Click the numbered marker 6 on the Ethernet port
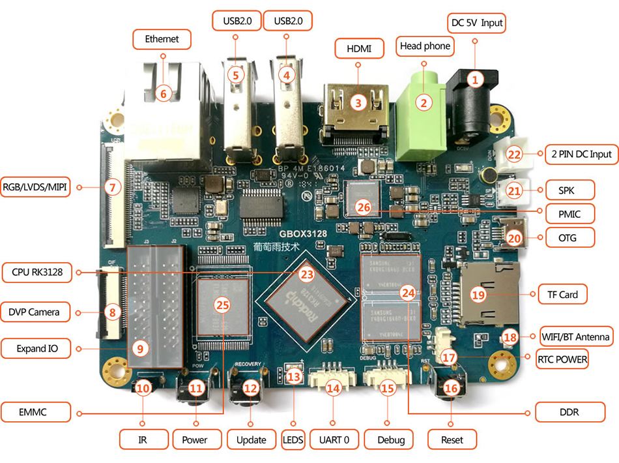click(164, 94)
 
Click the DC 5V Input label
click(477, 23)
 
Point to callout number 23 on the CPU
click(307, 275)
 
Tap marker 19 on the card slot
click(479, 295)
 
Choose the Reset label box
click(452, 439)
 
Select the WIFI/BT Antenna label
click(576, 336)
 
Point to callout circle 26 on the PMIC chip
click(364, 208)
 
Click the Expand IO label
click(37, 349)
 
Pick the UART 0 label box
click(334, 439)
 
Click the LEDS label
click(293, 439)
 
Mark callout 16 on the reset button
click(452, 387)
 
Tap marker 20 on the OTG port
click(515, 239)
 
